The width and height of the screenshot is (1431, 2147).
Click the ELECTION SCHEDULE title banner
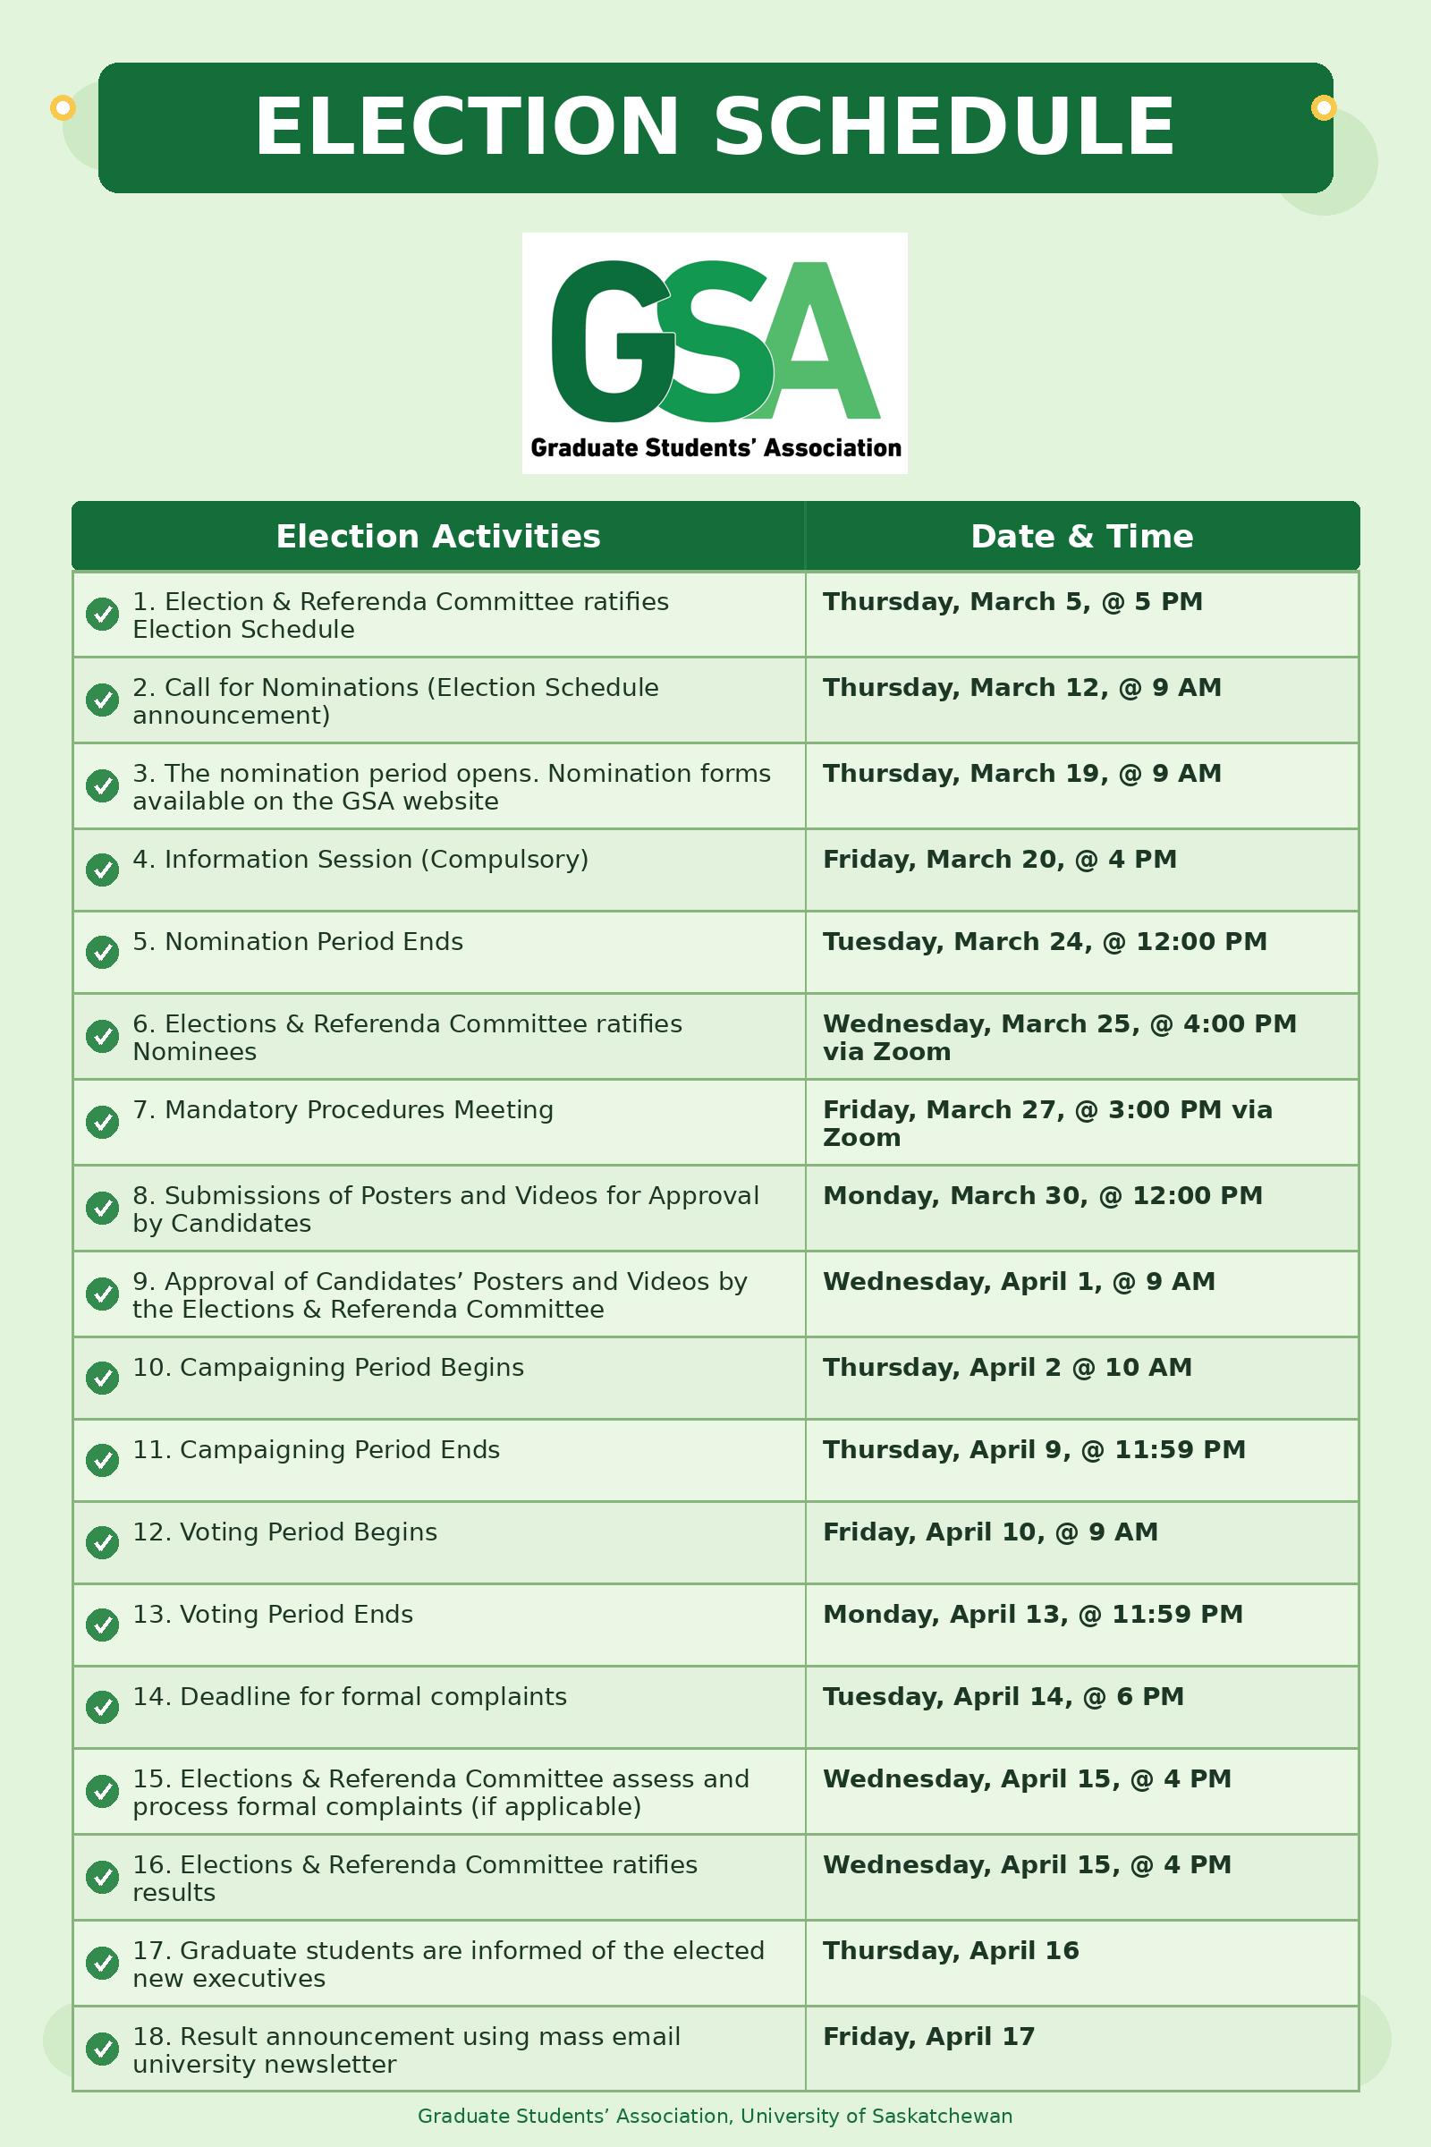pyautogui.click(x=715, y=128)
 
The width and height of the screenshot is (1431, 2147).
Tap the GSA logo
pyautogui.click(x=715, y=352)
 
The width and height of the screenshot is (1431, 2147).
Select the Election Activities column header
pyautogui.click(x=438, y=537)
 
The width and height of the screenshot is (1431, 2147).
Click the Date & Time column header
pyautogui.click(x=1081, y=537)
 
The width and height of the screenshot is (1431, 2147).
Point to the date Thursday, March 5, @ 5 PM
pyautogui.click(x=1012, y=602)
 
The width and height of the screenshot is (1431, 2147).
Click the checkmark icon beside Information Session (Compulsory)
pyautogui.click(x=102, y=869)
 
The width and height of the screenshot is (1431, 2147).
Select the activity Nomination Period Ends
pyautogui.click(x=298, y=942)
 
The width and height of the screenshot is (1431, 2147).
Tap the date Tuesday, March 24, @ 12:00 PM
pyautogui.click(x=1044, y=942)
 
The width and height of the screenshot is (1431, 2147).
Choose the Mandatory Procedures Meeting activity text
pyautogui.click(x=343, y=1110)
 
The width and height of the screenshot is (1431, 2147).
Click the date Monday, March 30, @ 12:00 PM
pyautogui.click(x=1042, y=1196)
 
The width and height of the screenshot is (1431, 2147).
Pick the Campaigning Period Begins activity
pyautogui.click(x=328, y=1368)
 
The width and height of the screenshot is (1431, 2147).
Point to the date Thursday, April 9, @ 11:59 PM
pyautogui.click(x=1034, y=1449)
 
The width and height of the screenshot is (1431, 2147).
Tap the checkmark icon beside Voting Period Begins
pyautogui.click(x=102, y=1542)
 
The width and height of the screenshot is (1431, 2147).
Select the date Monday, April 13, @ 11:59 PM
pyautogui.click(x=1032, y=1614)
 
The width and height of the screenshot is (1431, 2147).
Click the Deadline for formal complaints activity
pyautogui.click(x=350, y=1696)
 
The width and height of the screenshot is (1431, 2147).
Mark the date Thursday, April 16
pyautogui.click(x=950, y=1951)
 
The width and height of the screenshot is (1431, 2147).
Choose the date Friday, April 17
pyautogui.click(x=928, y=2037)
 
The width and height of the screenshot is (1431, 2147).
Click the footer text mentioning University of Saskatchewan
pyautogui.click(x=715, y=2116)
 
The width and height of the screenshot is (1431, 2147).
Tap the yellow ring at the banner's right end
pyautogui.click(x=1324, y=107)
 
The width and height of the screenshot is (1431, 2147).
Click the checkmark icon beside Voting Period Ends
pyautogui.click(x=102, y=1625)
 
